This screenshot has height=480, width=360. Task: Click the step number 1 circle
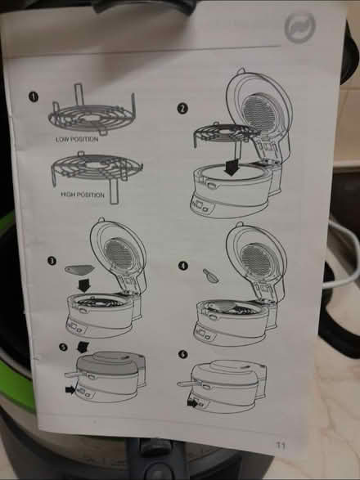pos(34,96)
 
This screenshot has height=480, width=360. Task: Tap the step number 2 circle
pos(182,109)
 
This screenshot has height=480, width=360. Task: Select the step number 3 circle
pos(52,261)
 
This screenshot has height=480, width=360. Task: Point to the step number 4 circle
pos(183,266)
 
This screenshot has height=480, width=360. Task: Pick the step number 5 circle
pos(63,347)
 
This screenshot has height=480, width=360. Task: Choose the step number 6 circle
pos(182,354)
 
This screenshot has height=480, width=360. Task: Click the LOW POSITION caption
pos(77,139)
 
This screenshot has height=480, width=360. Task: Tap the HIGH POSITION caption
pos(83,195)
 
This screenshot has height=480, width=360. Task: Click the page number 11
pos(281,445)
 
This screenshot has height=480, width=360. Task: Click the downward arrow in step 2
pos(232,167)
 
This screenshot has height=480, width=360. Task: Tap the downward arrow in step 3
pos(84,285)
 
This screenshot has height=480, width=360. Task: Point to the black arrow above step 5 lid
pos(83,348)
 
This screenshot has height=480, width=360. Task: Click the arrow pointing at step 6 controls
pos(192,403)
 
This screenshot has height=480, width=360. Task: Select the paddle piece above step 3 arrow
pos(79,269)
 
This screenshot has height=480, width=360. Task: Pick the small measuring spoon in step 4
pos(211,276)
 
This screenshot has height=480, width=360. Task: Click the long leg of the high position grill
pos(114,191)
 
